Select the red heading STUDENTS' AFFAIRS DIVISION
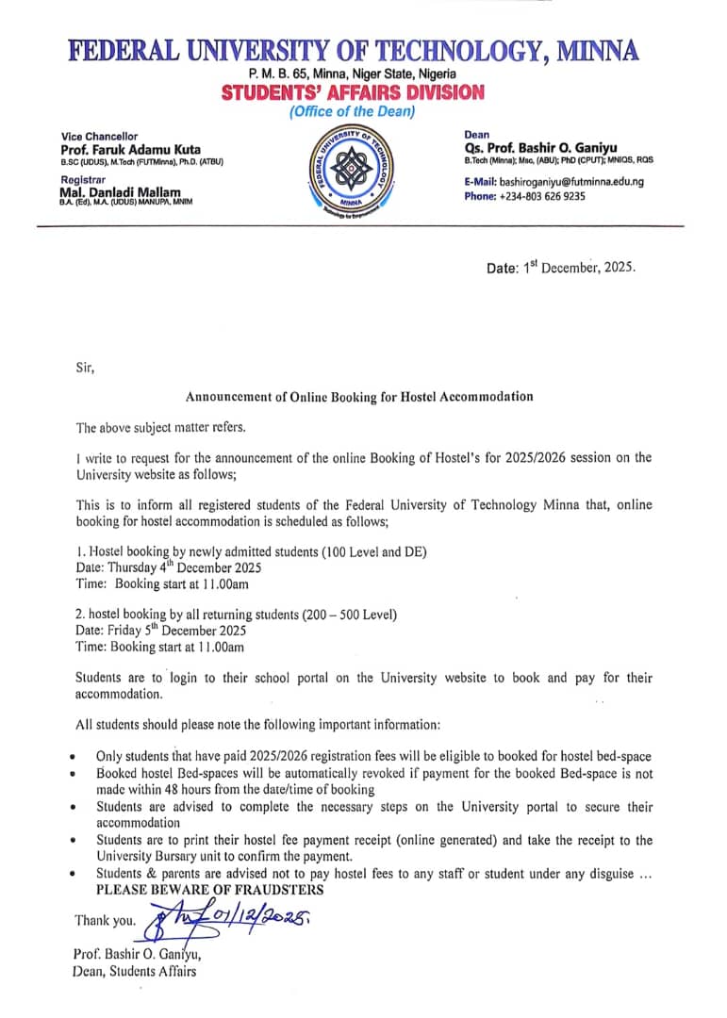point(353,92)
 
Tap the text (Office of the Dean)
point(352,112)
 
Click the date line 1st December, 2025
point(561,267)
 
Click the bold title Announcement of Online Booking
point(358,397)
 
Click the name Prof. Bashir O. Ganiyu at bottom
point(137,954)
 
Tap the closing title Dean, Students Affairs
point(135,972)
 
